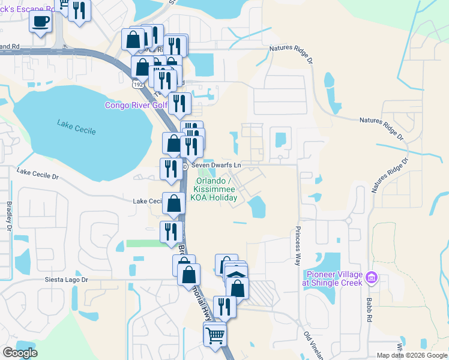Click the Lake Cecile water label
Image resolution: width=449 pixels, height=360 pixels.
[76, 127]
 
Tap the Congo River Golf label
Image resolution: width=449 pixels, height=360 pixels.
[136, 105]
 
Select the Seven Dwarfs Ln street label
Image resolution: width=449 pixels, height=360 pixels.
[216, 165]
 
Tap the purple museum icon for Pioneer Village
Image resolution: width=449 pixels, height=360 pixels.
[372, 277]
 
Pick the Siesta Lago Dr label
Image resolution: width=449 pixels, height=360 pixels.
[66, 280]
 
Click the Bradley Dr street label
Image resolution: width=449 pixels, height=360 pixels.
[10, 217]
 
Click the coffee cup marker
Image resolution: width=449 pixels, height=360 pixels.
[40, 22]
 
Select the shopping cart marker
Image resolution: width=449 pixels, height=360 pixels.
[215, 335]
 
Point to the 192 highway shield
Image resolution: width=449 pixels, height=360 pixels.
[137, 85]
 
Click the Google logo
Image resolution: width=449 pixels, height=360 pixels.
[20, 353]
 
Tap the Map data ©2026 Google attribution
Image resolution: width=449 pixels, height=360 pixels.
[412, 355]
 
